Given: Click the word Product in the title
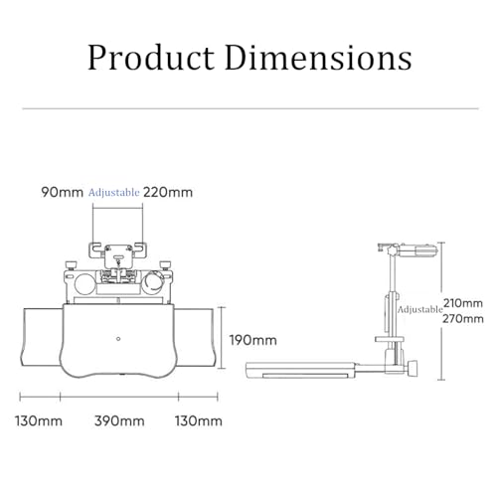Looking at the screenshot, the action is click(151, 58).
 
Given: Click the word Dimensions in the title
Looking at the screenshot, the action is click(318, 58).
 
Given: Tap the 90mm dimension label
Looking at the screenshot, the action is click(62, 192).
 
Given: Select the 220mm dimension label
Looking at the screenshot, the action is click(168, 192).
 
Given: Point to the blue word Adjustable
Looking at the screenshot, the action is click(113, 193).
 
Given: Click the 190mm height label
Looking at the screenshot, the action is click(253, 340).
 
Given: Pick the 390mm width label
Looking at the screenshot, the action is click(119, 421).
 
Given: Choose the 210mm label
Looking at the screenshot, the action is click(463, 303).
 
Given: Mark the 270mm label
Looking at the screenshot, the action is click(463, 319).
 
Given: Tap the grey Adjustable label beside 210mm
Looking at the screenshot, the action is click(420, 309).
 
